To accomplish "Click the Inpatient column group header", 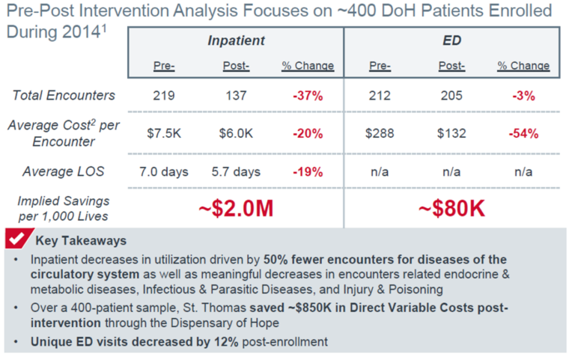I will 236,40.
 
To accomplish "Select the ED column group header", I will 451,40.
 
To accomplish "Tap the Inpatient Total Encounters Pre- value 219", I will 164,95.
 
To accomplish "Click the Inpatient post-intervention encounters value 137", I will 236,95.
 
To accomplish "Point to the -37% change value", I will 308,95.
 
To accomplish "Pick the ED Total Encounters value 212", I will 380,95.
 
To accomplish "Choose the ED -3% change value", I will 523,95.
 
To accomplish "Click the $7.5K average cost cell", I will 164,133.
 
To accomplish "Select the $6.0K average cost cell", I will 236,133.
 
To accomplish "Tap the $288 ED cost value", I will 380,133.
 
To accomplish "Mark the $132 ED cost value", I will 451,133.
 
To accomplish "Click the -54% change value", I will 523,133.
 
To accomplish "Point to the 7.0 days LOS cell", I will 164,171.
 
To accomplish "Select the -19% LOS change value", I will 308,171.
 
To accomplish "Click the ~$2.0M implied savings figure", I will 235,209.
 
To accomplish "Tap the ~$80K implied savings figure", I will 451,209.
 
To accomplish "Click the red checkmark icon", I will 16,240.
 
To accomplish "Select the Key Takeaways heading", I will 81,241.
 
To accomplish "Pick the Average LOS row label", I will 64,171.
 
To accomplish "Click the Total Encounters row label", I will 64,95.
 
